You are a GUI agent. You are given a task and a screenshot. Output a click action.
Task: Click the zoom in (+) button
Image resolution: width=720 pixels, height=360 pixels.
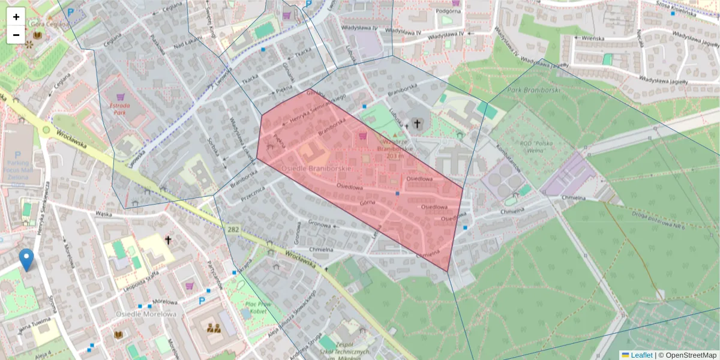pos(16,17)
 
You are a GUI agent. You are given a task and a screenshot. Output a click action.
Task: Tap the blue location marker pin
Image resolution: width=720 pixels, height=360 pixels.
pos(26,260)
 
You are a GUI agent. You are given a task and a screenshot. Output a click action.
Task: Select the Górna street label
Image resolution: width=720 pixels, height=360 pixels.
pos(367,203)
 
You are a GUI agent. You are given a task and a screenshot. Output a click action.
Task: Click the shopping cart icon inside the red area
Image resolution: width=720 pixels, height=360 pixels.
pos(362,136)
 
